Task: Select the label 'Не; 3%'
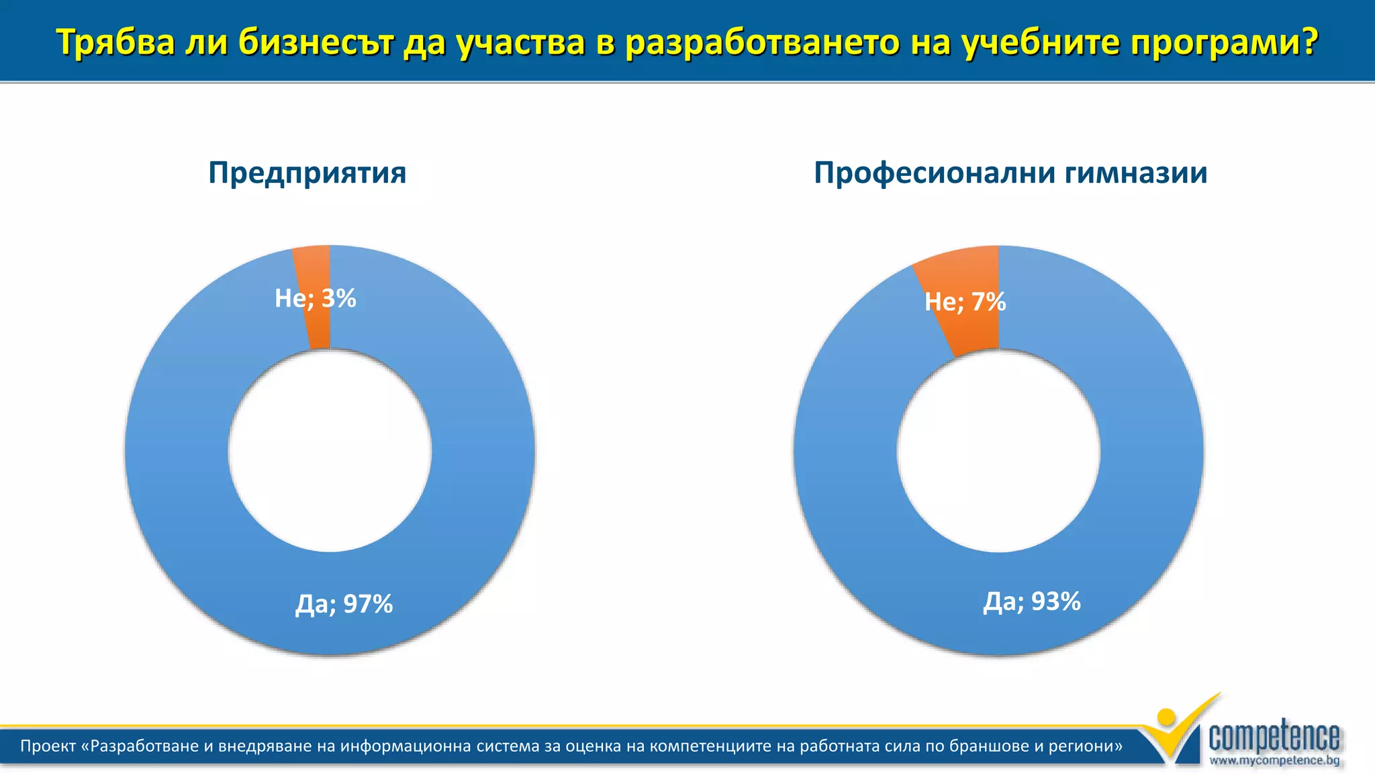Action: click(x=315, y=298)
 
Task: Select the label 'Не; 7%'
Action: click(x=965, y=302)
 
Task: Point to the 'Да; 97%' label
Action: click(x=344, y=604)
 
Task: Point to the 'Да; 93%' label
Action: click(x=1032, y=601)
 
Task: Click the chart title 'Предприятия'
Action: click(x=307, y=173)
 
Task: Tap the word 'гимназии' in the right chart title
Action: click(x=1136, y=173)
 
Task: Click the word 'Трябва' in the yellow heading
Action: click(x=115, y=42)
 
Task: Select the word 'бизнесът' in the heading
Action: click(x=316, y=42)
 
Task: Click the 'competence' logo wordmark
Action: click(x=1274, y=737)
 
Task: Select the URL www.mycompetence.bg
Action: click(x=1274, y=761)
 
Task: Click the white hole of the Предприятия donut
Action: click(x=330, y=451)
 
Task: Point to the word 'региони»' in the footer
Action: click(x=1090, y=746)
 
